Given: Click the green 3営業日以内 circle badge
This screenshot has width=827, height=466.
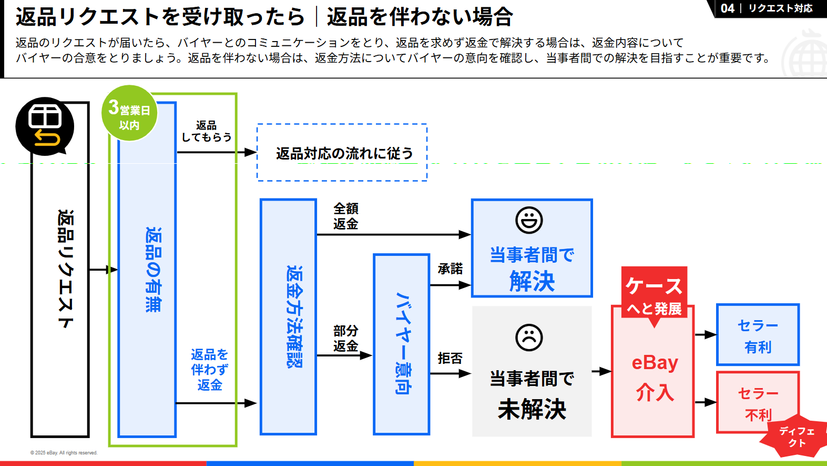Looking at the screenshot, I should click(129, 113).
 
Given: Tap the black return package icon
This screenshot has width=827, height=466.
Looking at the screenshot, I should click(45, 126).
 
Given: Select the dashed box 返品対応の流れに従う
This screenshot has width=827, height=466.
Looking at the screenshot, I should click(342, 153).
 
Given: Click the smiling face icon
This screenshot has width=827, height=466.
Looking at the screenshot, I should click(529, 220).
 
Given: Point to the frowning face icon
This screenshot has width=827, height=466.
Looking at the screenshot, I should click(529, 338).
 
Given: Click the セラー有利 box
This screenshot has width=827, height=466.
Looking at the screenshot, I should click(758, 335).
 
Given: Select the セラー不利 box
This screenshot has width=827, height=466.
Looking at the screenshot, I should click(757, 402).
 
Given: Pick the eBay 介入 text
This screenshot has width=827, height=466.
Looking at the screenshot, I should click(655, 377).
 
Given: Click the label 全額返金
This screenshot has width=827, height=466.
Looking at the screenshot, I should click(345, 216).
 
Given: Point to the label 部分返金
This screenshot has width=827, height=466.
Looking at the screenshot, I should click(345, 339).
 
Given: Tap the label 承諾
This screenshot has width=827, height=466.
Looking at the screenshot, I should click(450, 269).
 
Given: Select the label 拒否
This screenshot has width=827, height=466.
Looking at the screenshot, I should click(450, 359).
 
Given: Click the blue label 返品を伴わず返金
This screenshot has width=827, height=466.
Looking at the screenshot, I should click(209, 370).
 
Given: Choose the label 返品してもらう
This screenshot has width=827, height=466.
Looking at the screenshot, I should click(206, 132).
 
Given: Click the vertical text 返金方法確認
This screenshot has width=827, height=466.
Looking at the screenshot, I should click(294, 316).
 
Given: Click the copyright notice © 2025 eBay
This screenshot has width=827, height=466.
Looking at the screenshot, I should click(64, 453).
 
